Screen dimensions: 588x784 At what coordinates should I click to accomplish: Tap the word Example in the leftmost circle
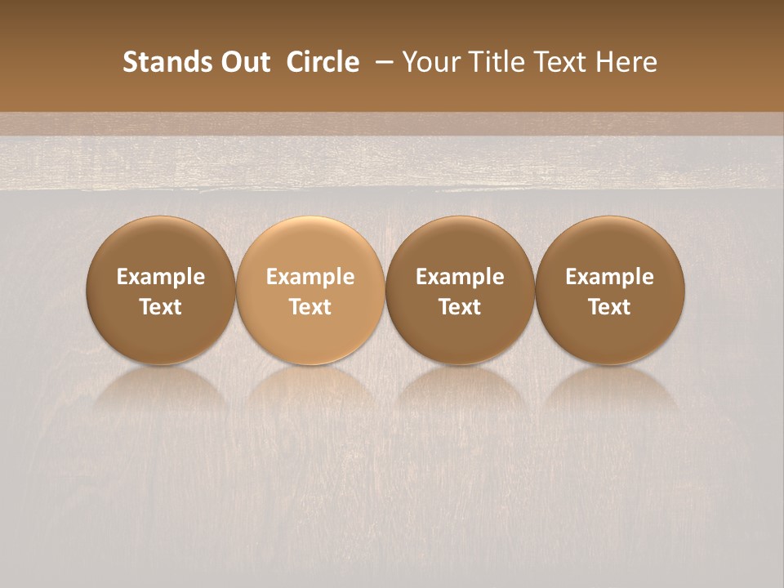click(x=161, y=277)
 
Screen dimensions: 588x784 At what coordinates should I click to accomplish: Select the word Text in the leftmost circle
click(x=161, y=307)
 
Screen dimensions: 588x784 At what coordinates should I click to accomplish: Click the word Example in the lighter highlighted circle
click(x=310, y=277)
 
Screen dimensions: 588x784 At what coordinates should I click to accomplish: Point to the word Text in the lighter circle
click(x=310, y=307)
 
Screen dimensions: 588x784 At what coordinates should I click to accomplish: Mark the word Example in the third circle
click(x=460, y=277)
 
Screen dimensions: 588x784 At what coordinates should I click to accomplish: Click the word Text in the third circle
click(x=460, y=307)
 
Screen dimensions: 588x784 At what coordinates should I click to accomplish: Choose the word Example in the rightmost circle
click(x=610, y=277)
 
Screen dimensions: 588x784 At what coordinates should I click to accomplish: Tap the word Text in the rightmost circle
click(x=610, y=307)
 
